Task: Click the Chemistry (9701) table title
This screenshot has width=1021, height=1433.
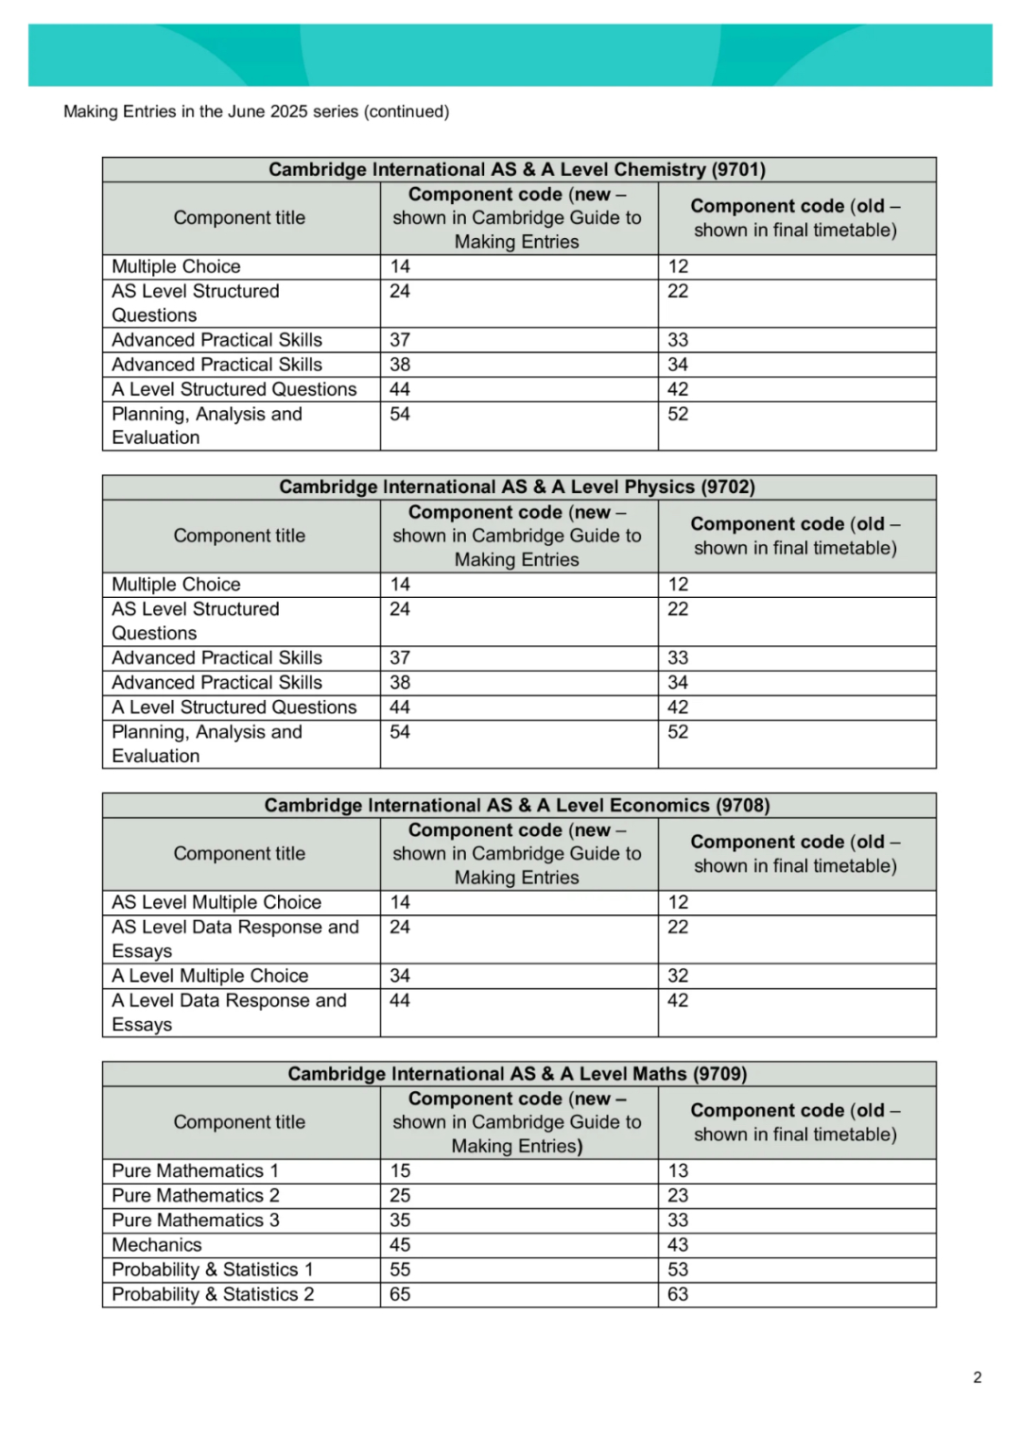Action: click(x=517, y=170)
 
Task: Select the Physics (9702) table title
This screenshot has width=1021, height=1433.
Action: click(x=517, y=487)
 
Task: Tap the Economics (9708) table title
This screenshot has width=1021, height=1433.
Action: click(x=517, y=806)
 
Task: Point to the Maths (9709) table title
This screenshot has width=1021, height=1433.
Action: click(x=517, y=1074)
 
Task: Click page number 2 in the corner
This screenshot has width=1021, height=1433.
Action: click(x=978, y=1377)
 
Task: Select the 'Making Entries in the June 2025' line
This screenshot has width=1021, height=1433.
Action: click(x=256, y=111)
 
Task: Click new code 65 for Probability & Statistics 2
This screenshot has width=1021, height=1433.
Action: click(x=401, y=1294)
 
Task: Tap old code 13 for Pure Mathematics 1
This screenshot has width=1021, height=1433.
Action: click(x=678, y=1171)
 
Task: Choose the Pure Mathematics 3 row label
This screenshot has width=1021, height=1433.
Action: click(x=196, y=1220)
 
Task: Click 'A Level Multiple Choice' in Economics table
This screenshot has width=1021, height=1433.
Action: click(x=210, y=976)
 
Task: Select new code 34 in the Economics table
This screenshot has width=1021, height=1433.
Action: click(x=401, y=976)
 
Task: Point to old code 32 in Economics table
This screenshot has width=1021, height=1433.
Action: click(x=678, y=976)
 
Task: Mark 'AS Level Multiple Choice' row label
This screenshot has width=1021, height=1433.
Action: click(x=216, y=902)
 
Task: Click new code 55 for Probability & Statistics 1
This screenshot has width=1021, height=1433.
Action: click(x=401, y=1270)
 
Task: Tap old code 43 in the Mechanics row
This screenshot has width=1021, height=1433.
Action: click(x=678, y=1245)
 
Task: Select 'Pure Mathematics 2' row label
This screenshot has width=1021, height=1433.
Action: click(x=196, y=1196)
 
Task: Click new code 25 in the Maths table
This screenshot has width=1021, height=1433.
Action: click(x=401, y=1196)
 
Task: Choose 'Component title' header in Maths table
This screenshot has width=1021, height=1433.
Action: click(x=239, y=1122)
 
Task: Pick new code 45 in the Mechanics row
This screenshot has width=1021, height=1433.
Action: click(x=401, y=1245)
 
